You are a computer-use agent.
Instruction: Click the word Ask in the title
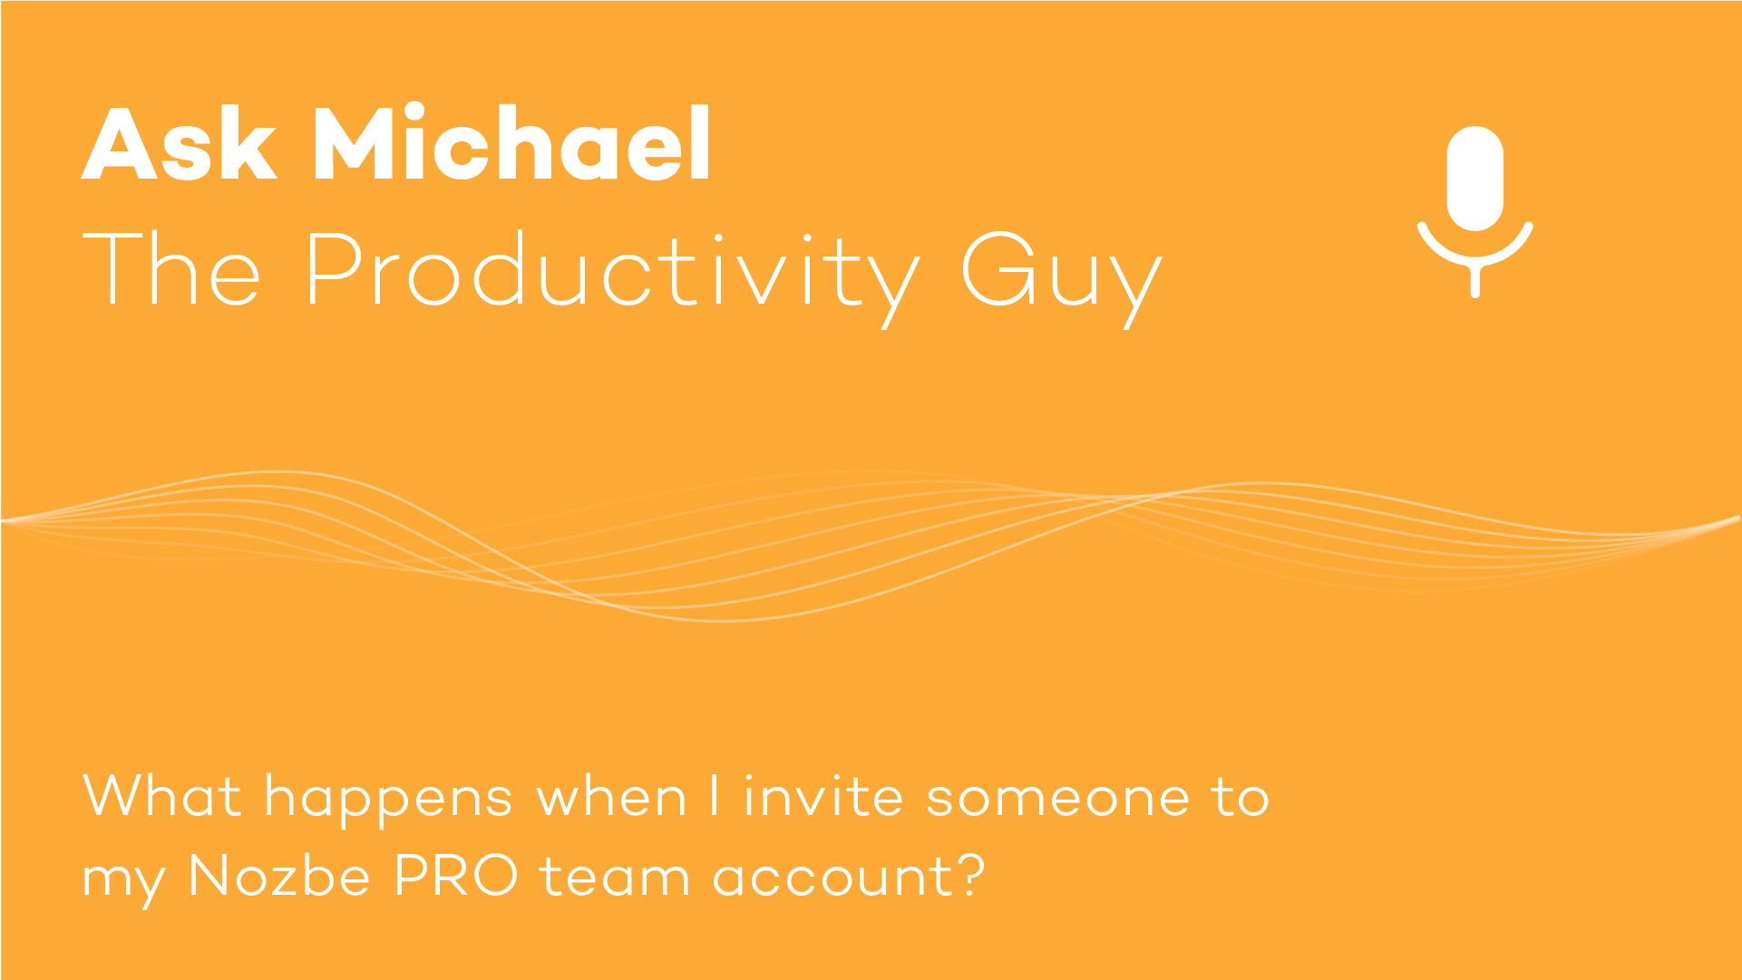[179, 143]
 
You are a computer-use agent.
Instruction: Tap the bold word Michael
[512, 141]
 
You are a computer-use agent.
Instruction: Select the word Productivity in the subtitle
[613, 273]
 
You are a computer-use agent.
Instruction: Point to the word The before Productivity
[171, 268]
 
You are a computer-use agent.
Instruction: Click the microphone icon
[1475, 211]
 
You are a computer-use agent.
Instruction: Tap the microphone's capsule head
[1475, 179]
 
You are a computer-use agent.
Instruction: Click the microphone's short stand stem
[1475, 281]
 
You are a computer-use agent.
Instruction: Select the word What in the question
[162, 796]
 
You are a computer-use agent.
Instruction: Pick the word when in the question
[612, 796]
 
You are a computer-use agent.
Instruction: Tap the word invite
[823, 795]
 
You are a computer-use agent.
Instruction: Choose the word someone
[1057, 799]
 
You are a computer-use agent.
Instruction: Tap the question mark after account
[971, 875]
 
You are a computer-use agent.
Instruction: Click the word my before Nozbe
[124, 884]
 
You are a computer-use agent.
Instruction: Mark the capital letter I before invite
[715, 795]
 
